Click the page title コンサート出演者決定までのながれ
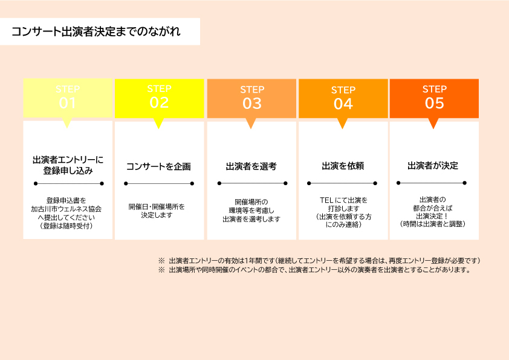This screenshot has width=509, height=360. point(96,31)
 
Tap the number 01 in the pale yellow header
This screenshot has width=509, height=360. point(68,103)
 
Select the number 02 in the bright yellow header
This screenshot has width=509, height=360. point(159,103)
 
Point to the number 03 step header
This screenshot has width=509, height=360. point(252,103)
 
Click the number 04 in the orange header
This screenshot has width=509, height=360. point(343,104)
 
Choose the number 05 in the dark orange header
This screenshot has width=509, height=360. point(434,103)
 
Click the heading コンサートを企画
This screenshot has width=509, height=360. point(158,166)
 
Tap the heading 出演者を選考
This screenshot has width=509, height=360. point(251,166)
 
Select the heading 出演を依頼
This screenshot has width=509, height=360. point(343,166)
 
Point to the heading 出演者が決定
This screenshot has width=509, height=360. point(433,165)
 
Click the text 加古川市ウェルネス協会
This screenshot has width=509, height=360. point(66,209)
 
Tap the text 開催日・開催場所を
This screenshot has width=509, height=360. point(157,207)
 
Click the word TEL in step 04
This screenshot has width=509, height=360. point(326,200)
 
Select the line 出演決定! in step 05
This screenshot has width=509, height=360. point(432,216)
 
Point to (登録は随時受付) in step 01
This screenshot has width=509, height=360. point(66,226)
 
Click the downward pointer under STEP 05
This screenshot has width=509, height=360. point(433,123)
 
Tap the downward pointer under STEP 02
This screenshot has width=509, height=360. point(158,123)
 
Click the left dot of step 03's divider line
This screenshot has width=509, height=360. point(219,183)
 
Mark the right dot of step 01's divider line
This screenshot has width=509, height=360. point(102,183)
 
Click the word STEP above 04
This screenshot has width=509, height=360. point(343,90)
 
